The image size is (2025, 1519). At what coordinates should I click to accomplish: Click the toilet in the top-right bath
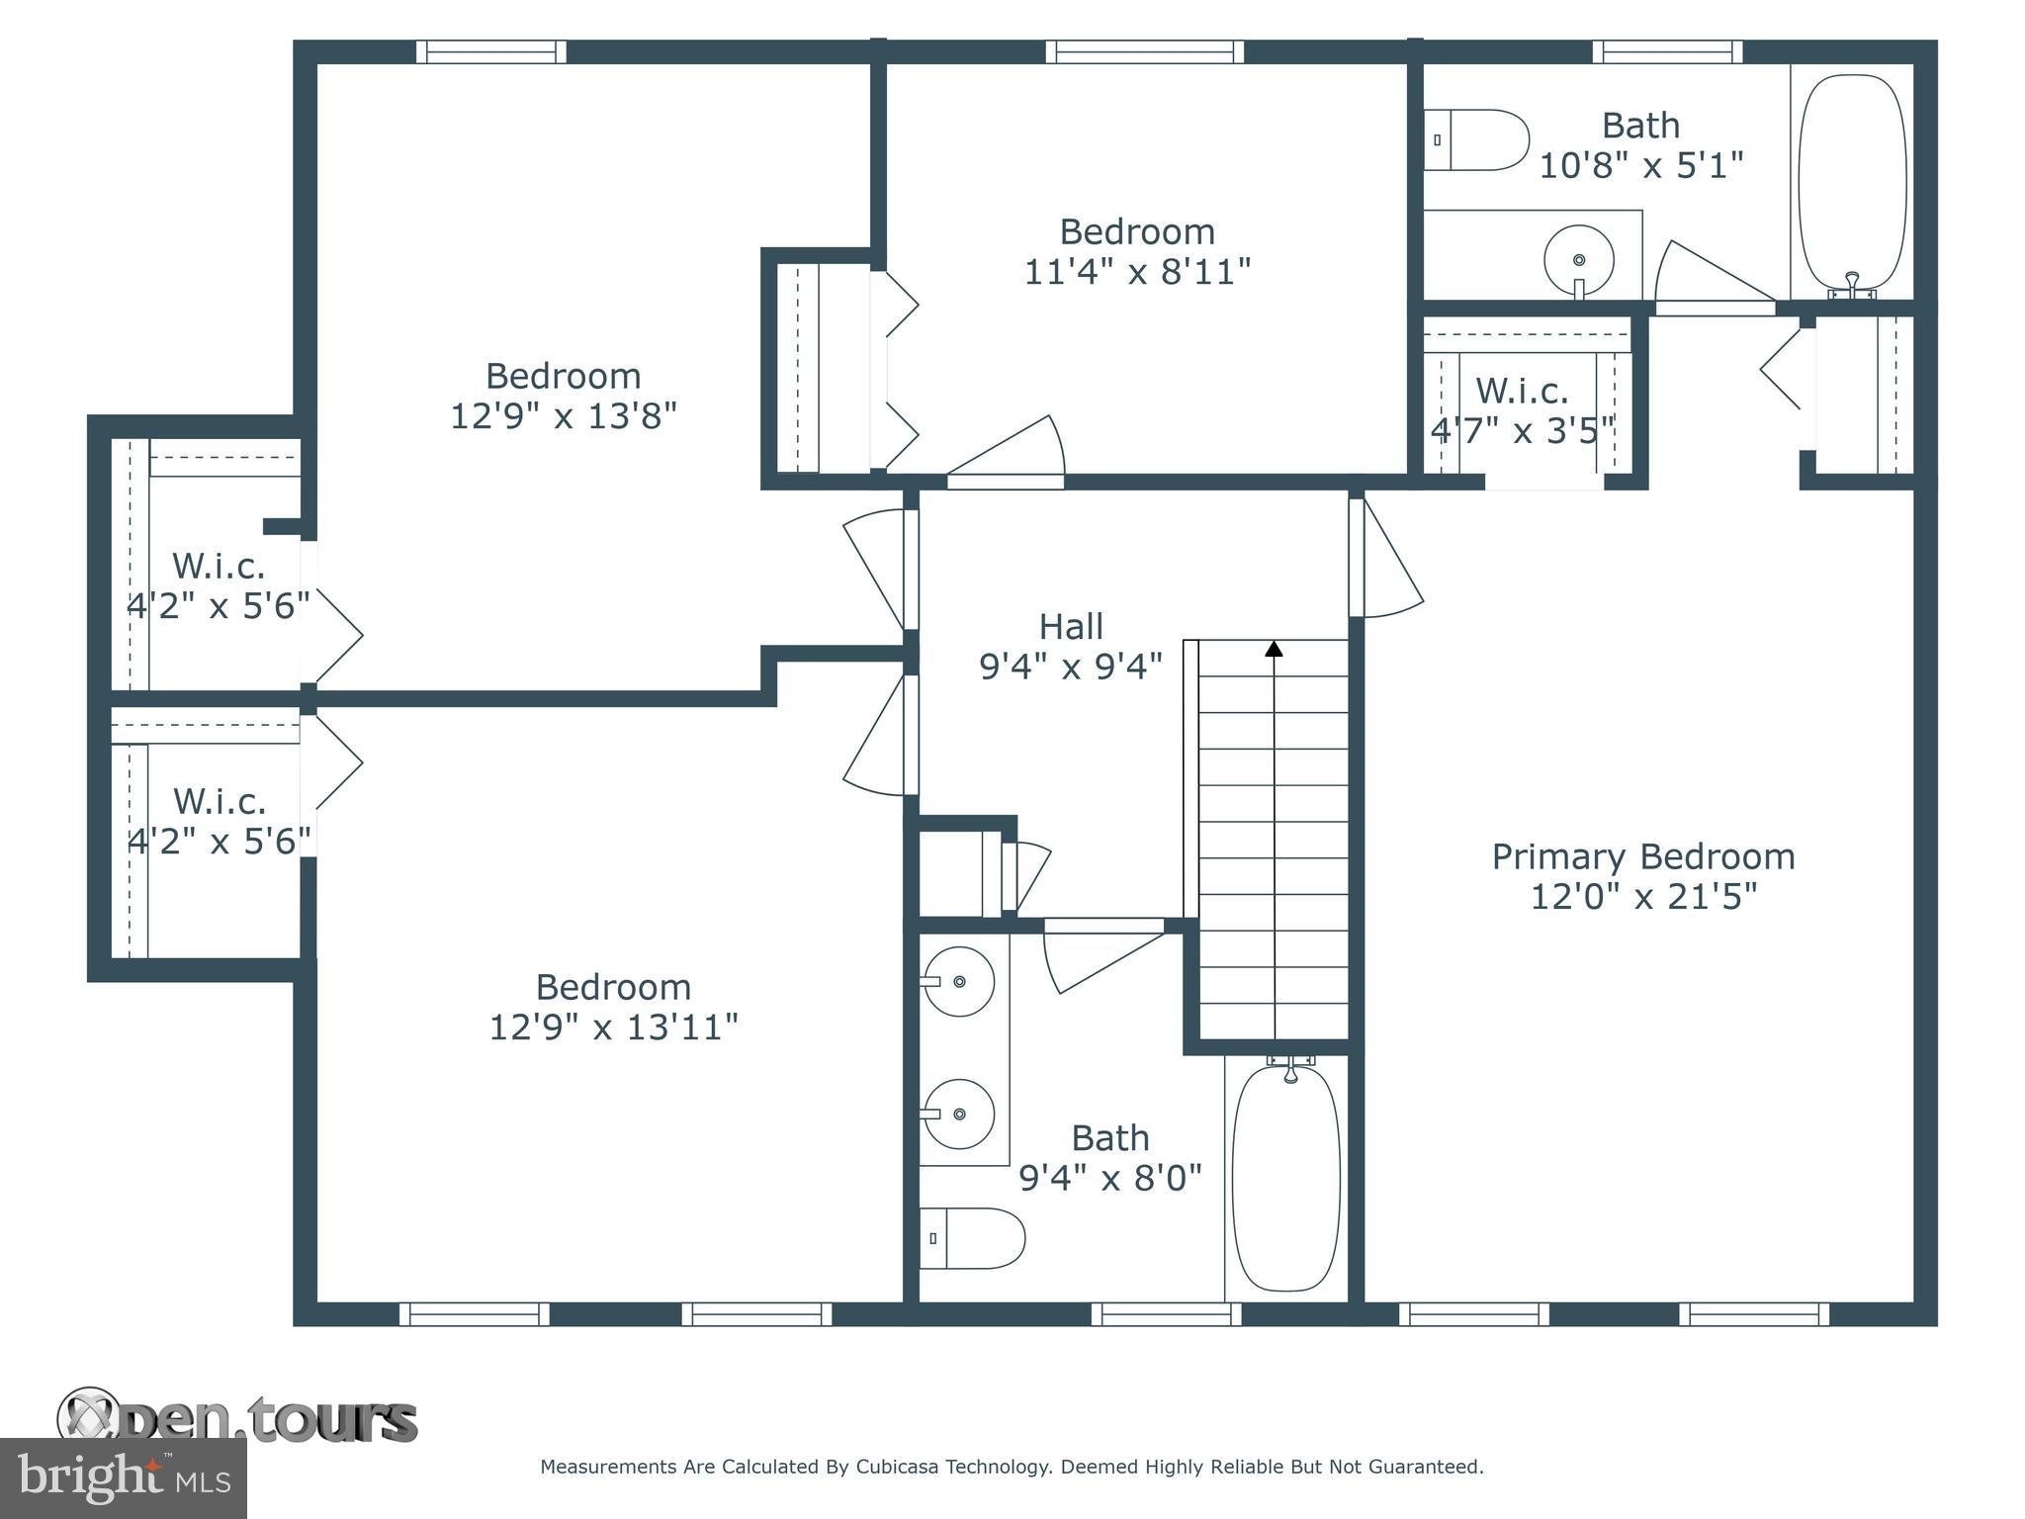click(x=1477, y=139)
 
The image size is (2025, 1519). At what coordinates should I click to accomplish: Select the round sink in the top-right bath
click(x=1578, y=260)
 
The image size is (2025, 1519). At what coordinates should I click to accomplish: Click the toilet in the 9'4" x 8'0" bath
click(x=972, y=1237)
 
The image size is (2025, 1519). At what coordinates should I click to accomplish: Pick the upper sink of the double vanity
click(x=957, y=981)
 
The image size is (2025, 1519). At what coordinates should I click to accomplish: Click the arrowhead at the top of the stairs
click(x=1274, y=650)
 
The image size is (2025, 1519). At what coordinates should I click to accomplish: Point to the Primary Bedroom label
click(x=1642, y=856)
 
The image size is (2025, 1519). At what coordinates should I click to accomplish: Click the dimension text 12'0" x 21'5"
click(x=1642, y=897)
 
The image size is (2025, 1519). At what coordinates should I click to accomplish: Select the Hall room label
click(x=1071, y=626)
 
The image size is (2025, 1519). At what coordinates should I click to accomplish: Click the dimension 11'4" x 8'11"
click(x=1137, y=271)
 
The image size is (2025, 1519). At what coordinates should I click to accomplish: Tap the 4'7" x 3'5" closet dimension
click(x=1523, y=430)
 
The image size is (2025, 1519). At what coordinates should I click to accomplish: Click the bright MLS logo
click(x=124, y=1477)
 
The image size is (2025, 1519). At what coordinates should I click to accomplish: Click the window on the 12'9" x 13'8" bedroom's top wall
click(x=490, y=51)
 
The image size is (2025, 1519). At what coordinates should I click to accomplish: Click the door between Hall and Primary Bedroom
click(x=1384, y=559)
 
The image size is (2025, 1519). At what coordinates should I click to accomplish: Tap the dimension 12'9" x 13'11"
click(x=613, y=1028)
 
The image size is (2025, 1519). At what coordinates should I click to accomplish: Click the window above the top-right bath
click(x=1667, y=51)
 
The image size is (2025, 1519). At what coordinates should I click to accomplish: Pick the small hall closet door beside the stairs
click(x=1023, y=875)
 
